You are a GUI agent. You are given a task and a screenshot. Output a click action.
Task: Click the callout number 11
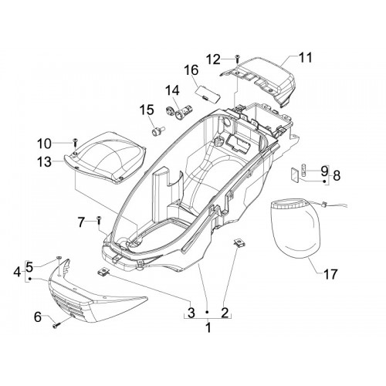[305, 58]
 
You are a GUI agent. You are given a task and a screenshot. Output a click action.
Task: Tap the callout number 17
[330, 274]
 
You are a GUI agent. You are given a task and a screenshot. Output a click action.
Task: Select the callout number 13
[44, 162]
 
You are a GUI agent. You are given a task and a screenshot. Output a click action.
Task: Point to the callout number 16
[191, 70]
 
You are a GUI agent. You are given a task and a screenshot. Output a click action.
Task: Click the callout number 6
[38, 317]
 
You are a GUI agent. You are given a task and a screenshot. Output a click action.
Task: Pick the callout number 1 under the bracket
[208, 328]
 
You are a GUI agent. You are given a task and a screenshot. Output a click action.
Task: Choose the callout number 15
[147, 110]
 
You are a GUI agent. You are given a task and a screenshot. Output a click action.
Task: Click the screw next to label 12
[237, 59]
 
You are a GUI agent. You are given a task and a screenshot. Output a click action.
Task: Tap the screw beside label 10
[75, 141]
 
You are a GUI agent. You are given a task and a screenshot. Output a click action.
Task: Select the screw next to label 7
[99, 222]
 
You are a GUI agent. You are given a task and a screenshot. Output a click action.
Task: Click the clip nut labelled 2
[239, 243]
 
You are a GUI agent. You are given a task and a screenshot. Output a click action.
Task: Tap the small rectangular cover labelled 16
[208, 94]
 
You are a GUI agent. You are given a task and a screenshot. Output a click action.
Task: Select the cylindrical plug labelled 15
[158, 131]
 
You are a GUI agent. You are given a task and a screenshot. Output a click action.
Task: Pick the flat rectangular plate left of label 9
[294, 175]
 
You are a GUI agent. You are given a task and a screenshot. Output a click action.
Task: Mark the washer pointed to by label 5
[59, 257]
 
